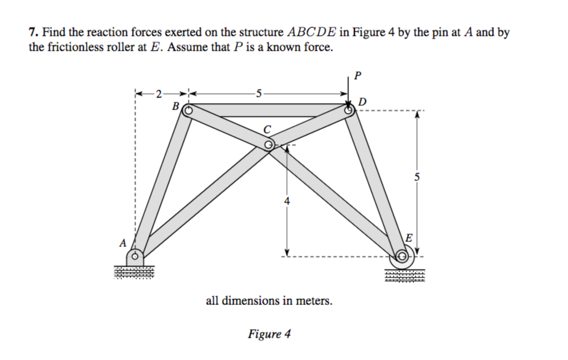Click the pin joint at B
tap(188, 110)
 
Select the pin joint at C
tap(268, 145)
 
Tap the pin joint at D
tap(349, 110)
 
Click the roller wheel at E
tap(402, 257)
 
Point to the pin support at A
tap(135, 257)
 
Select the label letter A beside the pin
tap(123, 243)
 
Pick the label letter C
tap(267, 129)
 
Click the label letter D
tap(362, 102)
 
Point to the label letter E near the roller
tap(409, 238)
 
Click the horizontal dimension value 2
tap(159, 93)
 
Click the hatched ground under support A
tap(134, 272)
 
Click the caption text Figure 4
tap(269, 334)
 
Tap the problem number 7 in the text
tap(32, 33)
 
